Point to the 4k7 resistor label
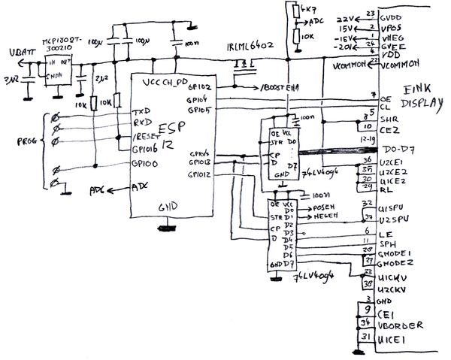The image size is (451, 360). (x=306, y=9)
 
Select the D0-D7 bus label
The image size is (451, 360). (x=398, y=152)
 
